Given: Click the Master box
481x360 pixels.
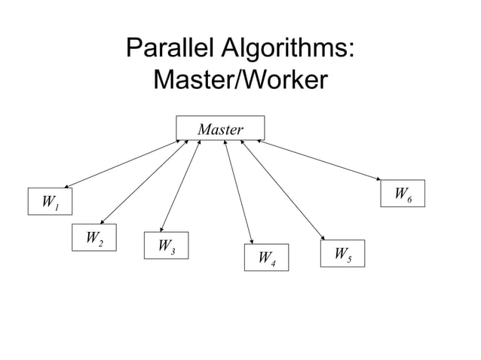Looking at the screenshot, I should coord(220,129).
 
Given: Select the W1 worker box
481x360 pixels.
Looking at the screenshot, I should coord(50,202).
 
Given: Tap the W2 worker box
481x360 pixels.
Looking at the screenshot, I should coord(94,238).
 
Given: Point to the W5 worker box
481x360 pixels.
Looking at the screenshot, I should coord(342,253).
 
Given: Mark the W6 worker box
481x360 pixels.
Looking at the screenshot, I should coord(403,194).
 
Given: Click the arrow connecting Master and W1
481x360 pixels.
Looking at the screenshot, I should coord(121,163).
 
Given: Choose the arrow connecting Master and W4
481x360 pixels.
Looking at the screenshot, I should coord(238,191).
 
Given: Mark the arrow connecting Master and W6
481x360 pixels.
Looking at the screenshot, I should coord(320,160).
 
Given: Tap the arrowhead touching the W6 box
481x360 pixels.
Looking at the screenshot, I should coord(379,179).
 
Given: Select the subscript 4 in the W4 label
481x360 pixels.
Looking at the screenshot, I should coord(274,263).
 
